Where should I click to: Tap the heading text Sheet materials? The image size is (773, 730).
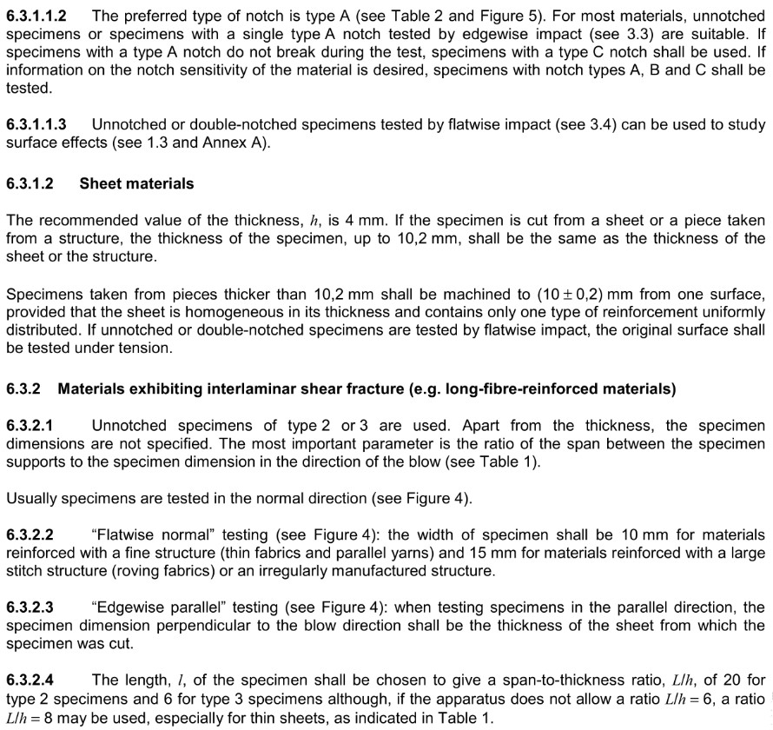[136, 183]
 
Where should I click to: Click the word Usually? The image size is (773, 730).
[31, 499]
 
